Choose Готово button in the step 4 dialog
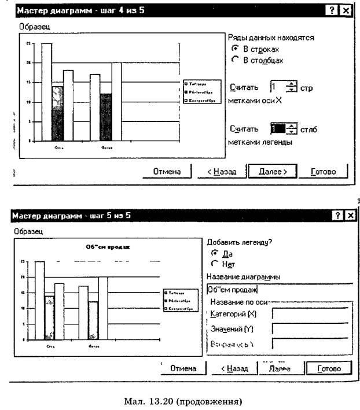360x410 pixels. pyautogui.click(x=328, y=171)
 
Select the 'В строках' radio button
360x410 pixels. pyautogui.click(x=235, y=49)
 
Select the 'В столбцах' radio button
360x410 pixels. pyautogui.click(x=235, y=60)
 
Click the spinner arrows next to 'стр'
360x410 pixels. pyautogui.click(x=291, y=87)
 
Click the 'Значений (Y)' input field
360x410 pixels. pyautogui.click(x=310, y=330)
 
